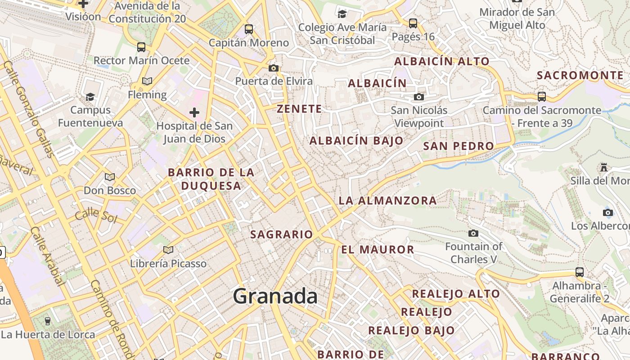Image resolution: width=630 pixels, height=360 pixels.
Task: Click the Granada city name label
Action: [275, 296]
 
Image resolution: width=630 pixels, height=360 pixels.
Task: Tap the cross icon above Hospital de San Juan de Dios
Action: [194, 112]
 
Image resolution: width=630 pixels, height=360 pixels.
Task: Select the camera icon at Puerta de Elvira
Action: [273, 68]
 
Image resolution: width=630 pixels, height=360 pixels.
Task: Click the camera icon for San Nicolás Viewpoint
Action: [419, 97]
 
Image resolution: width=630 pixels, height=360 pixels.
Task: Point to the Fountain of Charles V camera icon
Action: [473, 233]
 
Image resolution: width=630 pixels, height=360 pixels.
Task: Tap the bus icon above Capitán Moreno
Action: [249, 29]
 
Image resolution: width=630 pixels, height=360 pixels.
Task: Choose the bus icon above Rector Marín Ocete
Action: [141, 47]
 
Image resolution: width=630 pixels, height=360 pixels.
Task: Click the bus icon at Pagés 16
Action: [413, 23]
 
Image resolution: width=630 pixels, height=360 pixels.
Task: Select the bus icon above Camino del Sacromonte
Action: [542, 96]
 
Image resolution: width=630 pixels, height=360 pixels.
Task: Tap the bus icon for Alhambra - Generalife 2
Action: [580, 272]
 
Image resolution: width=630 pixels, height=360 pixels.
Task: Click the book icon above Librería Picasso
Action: [168, 250]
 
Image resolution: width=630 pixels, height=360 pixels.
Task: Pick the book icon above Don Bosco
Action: [110, 177]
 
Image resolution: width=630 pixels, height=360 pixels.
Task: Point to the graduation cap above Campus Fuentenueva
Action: [90, 97]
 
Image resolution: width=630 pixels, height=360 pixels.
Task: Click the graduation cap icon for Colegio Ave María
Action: [342, 14]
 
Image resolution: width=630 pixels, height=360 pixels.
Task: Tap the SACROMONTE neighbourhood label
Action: [580, 75]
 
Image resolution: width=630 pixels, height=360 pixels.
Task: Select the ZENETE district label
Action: [299, 108]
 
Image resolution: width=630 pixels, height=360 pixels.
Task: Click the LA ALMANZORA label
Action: [387, 200]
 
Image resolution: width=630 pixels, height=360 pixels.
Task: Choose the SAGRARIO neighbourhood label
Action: [281, 234]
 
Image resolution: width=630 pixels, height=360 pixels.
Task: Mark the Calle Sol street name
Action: [96, 216]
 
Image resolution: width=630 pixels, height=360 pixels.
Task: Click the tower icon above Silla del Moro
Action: [604, 167]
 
